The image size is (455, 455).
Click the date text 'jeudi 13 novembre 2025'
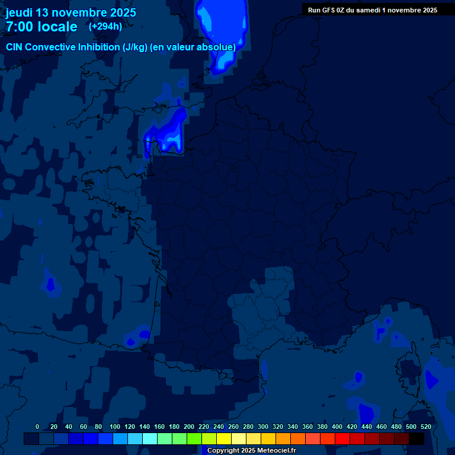pyautogui.click(x=71, y=12)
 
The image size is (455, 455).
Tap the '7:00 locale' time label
pyautogui.click(x=41, y=27)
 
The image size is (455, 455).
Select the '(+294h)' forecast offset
pyautogui.click(x=105, y=26)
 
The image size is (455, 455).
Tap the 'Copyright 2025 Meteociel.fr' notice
pyautogui.click(x=251, y=450)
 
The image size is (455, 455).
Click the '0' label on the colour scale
pyautogui.click(x=37, y=427)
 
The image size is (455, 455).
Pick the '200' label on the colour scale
pyautogui.click(x=188, y=427)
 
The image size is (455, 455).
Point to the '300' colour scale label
pyautogui.click(x=262, y=427)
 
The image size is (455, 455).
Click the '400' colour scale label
pyautogui.click(x=337, y=427)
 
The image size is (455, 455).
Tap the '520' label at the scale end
pyautogui.click(x=425, y=427)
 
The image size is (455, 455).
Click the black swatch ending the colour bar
pyautogui.click(x=416, y=438)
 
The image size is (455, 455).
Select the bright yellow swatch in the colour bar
pyautogui.click(x=224, y=438)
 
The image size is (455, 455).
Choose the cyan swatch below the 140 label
pyautogui.click(x=150, y=438)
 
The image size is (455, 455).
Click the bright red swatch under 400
pyautogui.click(x=342, y=438)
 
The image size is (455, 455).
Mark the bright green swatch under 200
pyautogui.click(x=194, y=438)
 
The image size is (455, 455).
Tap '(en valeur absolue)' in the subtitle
pyautogui.click(x=194, y=47)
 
